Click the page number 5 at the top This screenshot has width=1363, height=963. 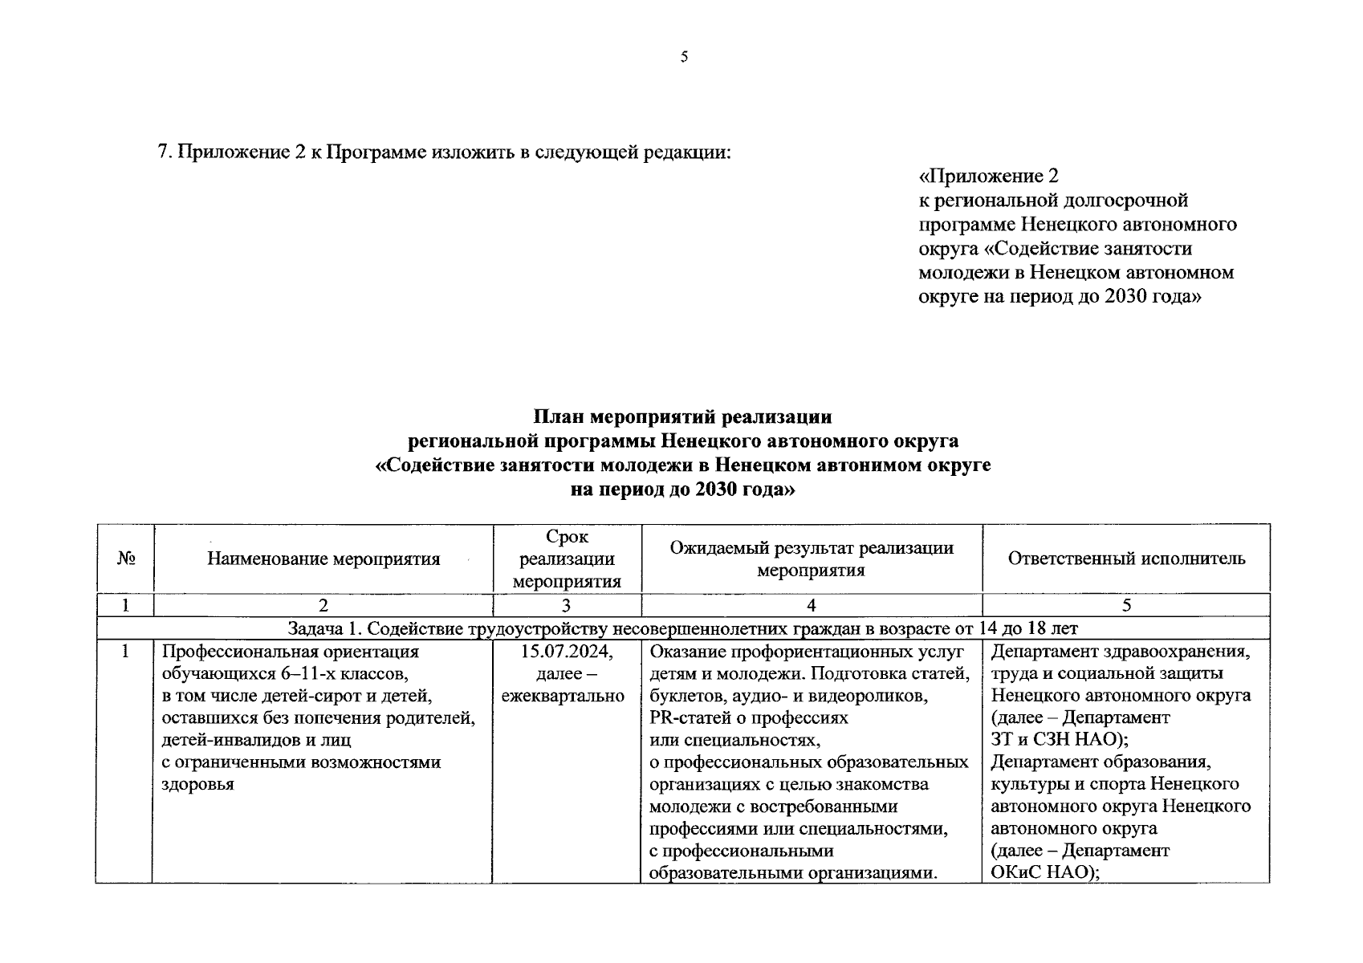[x=684, y=57]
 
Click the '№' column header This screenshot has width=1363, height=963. [x=125, y=559]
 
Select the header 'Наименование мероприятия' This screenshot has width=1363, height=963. [x=323, y=559]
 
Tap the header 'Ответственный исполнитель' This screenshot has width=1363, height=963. [x=1126, y=559]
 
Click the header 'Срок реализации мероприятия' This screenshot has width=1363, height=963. [x=567, y=559]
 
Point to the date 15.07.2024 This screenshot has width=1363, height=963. [x=567, y=652]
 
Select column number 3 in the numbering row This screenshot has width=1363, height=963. [x=567, y=606]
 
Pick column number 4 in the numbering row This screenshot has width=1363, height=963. [x=812, y=606]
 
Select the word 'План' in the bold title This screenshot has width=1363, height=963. [x=559, y=417]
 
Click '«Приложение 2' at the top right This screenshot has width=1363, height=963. [x=989, y=176]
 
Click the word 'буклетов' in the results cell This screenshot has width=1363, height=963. [x=683, y=696]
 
